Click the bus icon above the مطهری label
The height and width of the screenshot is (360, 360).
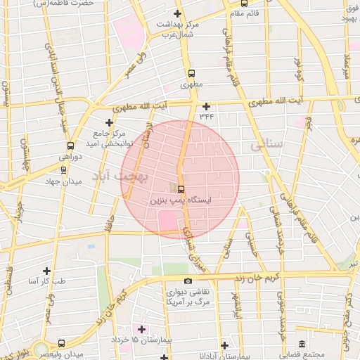click(x=191, y=72)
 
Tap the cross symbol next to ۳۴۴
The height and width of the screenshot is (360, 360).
click(x=206, y=106)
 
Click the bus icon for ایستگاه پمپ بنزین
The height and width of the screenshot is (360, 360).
click(x=181, y=189)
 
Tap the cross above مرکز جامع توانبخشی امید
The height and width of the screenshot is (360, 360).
click(x=108, y=122)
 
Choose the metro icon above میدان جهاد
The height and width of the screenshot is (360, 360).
click(x=64, y=169)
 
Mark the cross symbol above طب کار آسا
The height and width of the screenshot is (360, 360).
click(x=46, y=271)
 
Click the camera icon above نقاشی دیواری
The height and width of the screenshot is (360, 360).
click(x=188, y=281)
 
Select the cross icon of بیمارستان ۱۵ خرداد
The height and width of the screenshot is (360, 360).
click(x=141, y=329)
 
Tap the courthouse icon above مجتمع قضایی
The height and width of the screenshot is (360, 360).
click(x=302, y=344)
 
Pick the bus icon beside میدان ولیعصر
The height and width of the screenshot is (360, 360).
click(x=61, y=344)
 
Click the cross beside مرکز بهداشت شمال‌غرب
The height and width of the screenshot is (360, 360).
click(x=176, y=14)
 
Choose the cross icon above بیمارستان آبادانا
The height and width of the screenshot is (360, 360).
click(x=224, y=345)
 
